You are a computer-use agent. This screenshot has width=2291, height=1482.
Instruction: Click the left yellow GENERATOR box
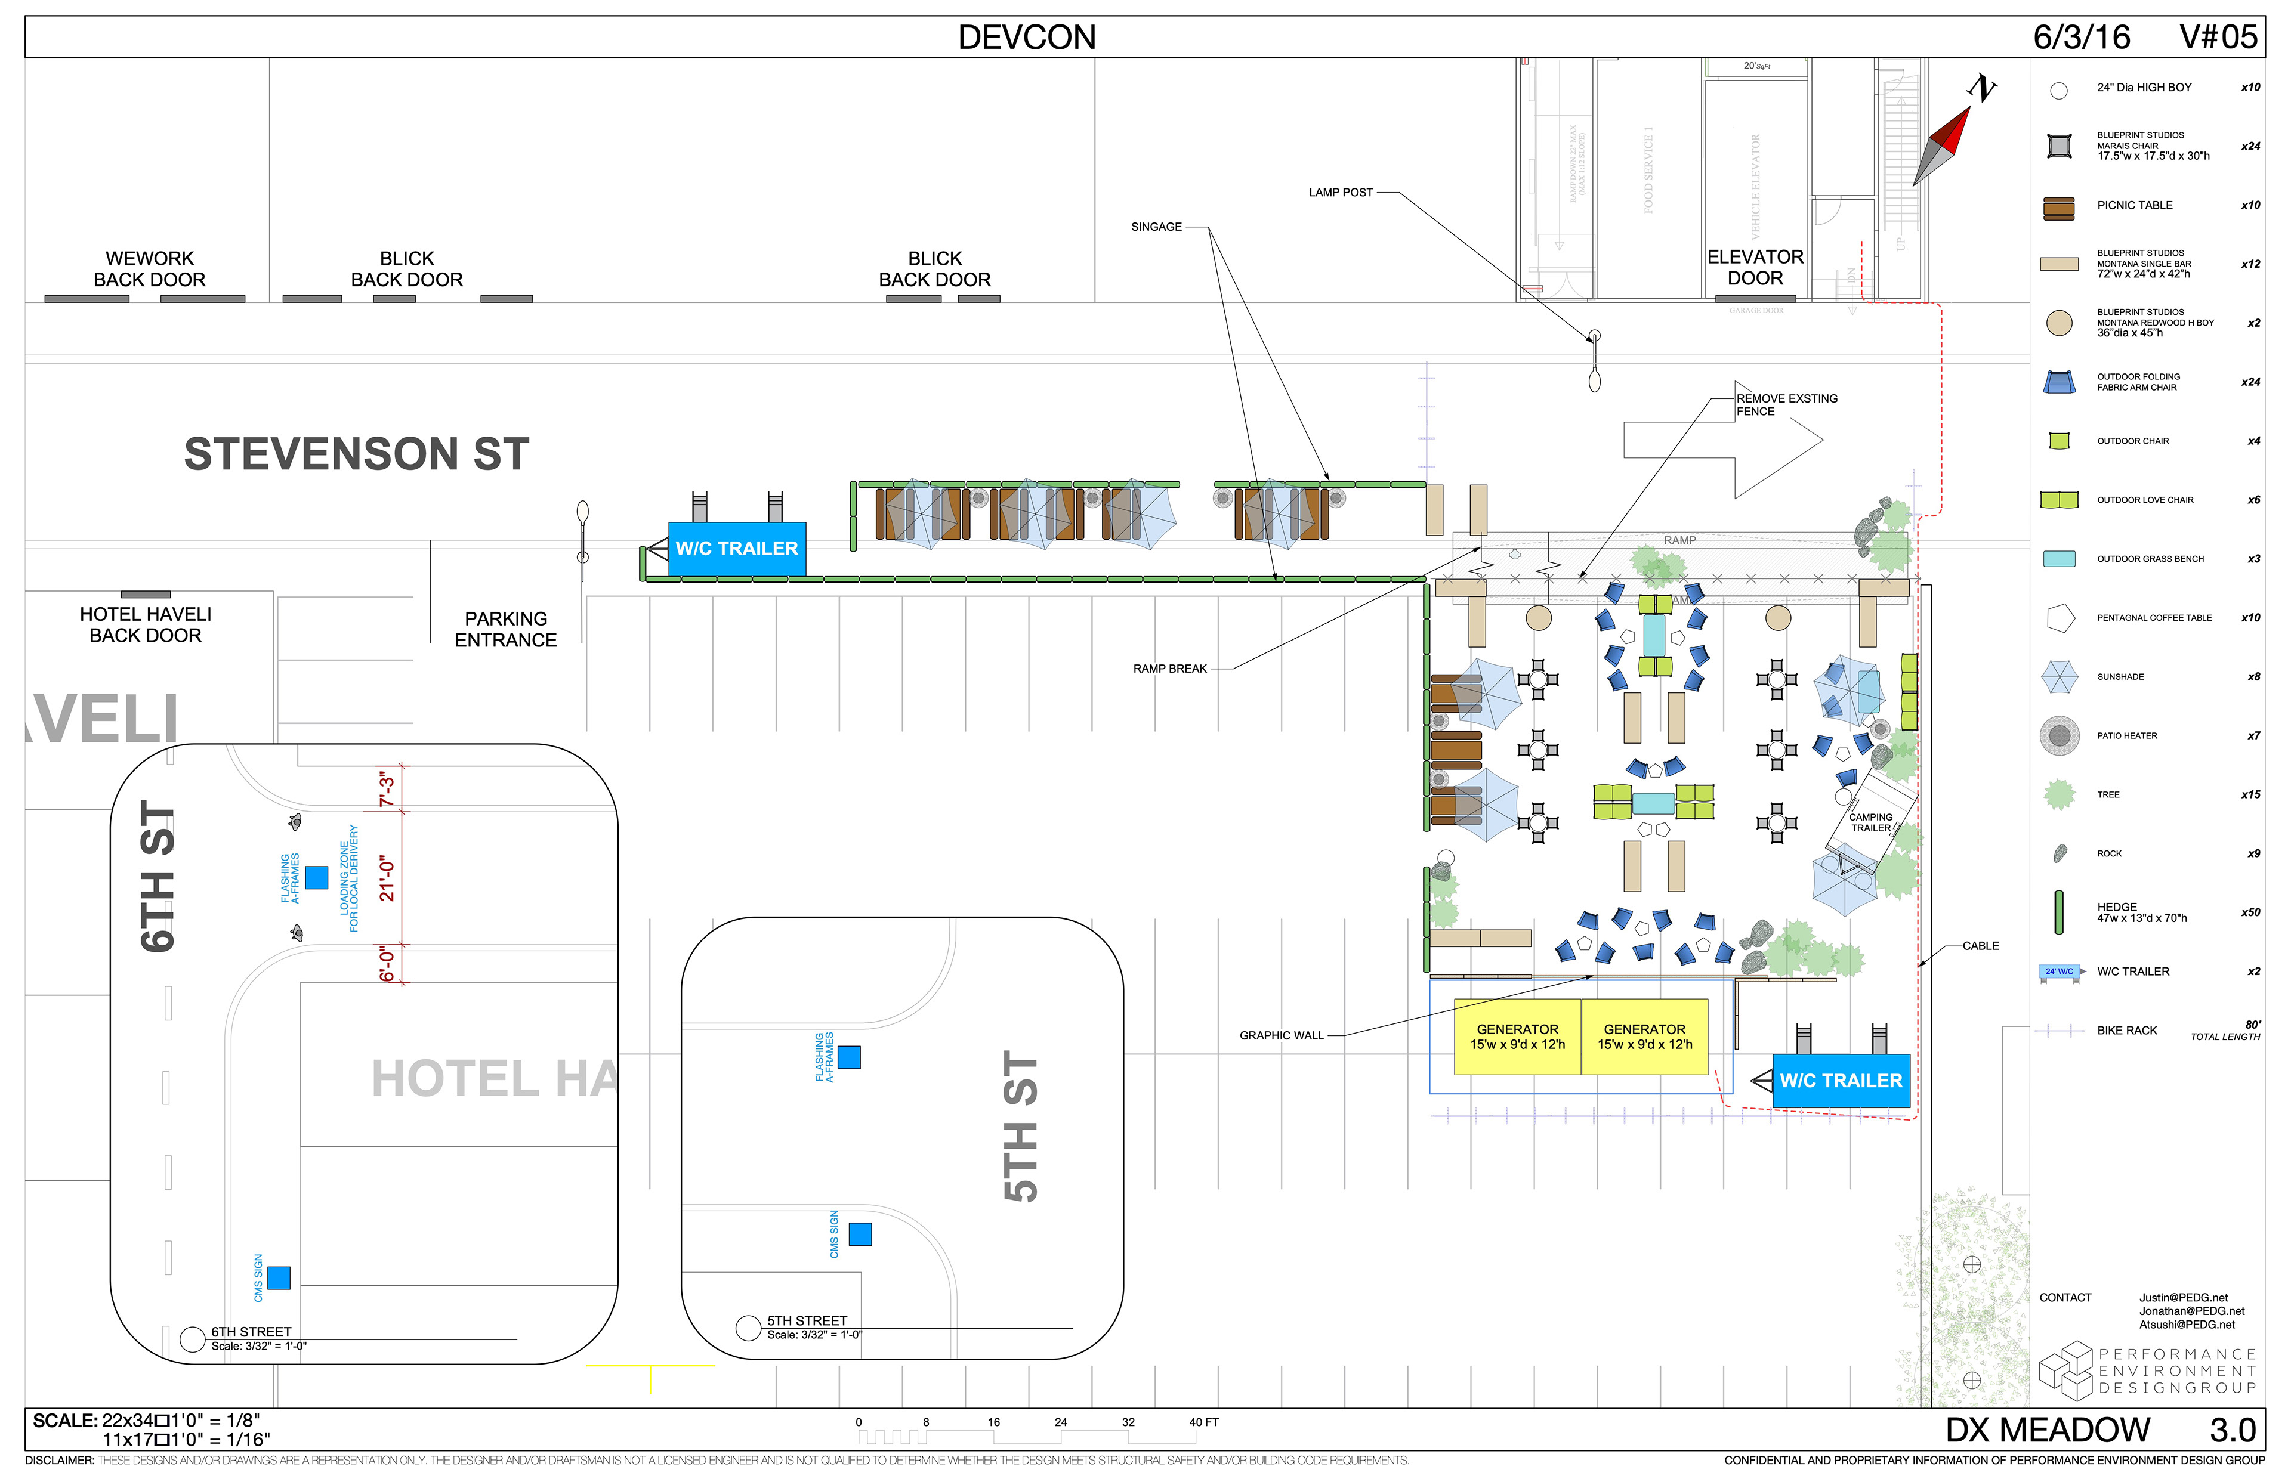point(1517,1037)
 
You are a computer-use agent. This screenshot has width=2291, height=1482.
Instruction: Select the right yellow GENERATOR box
point(1644,1037)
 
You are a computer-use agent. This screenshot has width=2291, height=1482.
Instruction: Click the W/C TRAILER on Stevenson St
point(736,549)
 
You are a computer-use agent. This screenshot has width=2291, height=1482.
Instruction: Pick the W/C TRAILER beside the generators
point(1841,1081)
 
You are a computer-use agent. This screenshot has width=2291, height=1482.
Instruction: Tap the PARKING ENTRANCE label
point(505,629)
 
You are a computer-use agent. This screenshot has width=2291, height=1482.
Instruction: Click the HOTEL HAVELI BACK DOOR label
point(146,624)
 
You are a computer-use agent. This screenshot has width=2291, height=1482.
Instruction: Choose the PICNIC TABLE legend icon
point(2059,208)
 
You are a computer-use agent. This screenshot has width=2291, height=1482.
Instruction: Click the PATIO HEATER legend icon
point(2059,736)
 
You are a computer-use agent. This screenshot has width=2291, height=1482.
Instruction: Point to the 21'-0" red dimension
point(387,878)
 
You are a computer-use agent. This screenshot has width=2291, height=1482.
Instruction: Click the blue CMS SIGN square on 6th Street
point(279,1278)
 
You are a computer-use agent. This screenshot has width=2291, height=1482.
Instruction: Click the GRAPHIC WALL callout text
point(1281,1035)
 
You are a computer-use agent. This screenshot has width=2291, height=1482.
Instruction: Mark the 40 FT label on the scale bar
point(1203,1422)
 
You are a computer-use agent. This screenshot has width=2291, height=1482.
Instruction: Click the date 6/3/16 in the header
point(2081,38)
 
